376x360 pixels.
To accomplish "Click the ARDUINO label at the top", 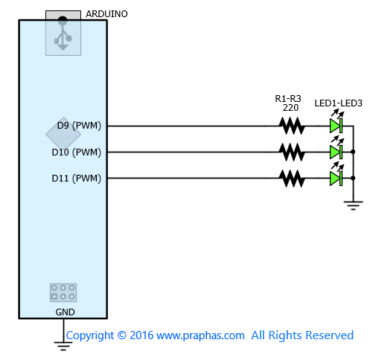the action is tap(106, 14).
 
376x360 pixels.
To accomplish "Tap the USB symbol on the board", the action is tap(63, 33).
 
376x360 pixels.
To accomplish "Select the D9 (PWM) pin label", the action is tap(79, 126).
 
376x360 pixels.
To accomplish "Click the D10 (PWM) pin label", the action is tap(77, 152).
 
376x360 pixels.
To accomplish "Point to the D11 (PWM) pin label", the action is tap(77, 179).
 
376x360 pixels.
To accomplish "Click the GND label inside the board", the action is tap(65, 312).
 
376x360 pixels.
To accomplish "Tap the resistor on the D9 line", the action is tap(292, 126).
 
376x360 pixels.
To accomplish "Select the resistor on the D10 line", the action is tap(292, 152).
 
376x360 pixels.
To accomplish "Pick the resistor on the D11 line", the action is tap(292, 179).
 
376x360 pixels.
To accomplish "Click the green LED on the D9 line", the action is tap(337, 126).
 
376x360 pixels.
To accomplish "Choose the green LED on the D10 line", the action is tap(337, 152).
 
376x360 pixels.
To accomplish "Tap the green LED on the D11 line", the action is tap(337, 179).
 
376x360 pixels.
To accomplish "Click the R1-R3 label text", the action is tap(288, 99).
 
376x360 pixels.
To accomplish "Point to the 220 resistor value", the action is tap(290, 108).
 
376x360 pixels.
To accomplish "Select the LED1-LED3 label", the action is tap(338, 103).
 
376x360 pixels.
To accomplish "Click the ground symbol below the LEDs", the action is tap(353, 205).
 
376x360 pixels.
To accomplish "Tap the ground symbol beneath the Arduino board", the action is tap(63, 346).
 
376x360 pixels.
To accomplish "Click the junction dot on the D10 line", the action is tap(353, 152).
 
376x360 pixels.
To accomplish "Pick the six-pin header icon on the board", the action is tap(63, 292).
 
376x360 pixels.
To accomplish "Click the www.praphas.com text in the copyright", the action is tap(200, 335).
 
